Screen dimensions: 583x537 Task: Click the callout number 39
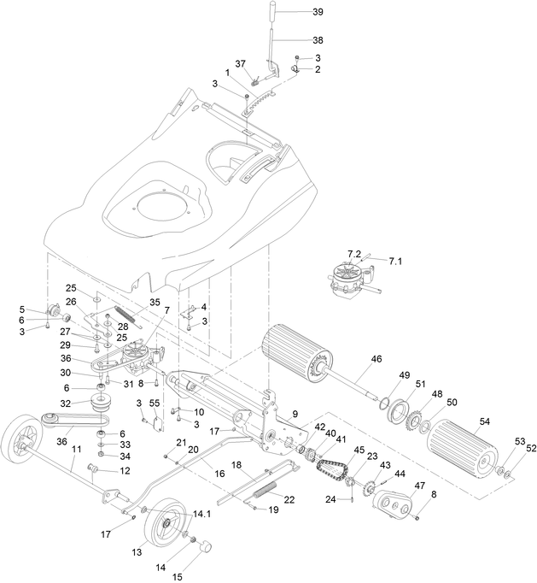(318, 13)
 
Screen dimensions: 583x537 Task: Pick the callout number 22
(289, 499)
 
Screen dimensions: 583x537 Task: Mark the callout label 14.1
(201, 513)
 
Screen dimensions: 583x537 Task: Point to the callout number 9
(295, 413)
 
